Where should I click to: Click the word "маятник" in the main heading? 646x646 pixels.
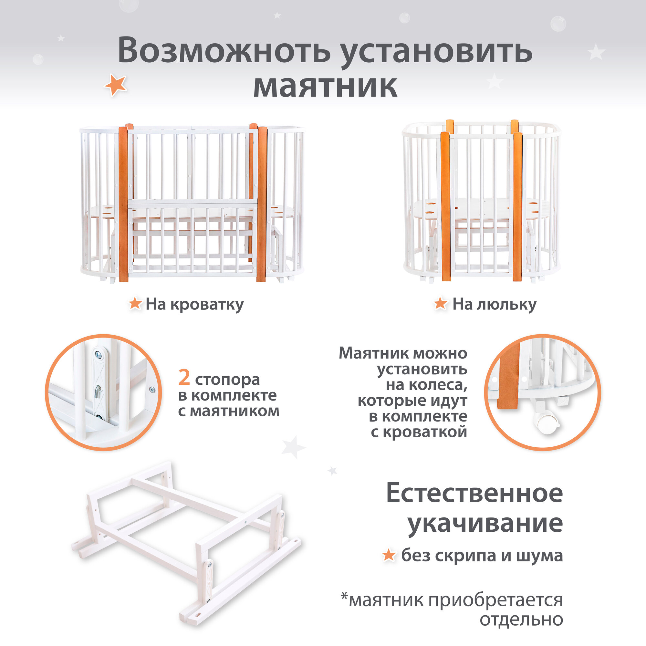click(x=325, y=86)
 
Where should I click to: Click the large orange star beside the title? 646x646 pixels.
click(x=115, y=85)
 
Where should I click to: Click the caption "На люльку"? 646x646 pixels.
click(x=494, y=305)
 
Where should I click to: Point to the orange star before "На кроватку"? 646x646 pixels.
click(x=135, y=303)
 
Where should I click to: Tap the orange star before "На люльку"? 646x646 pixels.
click(x=440, y=303)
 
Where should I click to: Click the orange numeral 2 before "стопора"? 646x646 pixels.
click(x=184, y=378)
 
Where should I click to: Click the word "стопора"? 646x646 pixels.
click(x=227, y=380)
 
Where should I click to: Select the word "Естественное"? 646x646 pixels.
click(x=474, y=493)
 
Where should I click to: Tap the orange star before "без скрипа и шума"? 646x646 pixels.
click(x=389, y=555)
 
